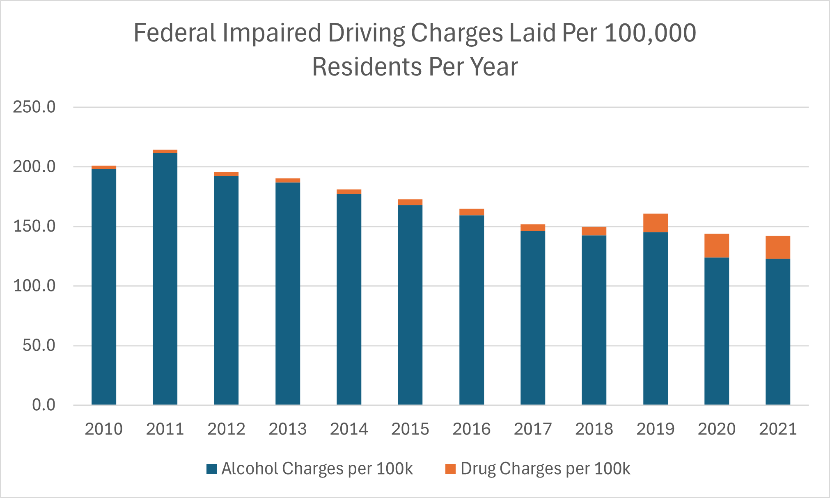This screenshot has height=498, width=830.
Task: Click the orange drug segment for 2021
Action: tap(777, 247)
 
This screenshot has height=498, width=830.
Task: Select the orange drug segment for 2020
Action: tap(716, 246)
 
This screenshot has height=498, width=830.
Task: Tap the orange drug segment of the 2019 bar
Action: tap(655, 223)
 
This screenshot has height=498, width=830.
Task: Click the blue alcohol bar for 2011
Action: tap(165, 279)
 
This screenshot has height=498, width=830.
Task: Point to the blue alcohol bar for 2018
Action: tap(594, 320)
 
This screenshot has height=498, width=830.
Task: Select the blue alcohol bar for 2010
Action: tap(103, 287)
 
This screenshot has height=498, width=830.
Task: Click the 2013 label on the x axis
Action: tap(287, 429)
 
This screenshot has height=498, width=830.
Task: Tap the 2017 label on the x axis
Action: tap(532, 429)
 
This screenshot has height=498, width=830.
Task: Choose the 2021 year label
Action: tap(777, 429)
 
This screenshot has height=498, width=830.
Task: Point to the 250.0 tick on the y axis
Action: tap(34, 107)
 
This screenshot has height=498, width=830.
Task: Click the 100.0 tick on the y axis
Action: tap(34, 286)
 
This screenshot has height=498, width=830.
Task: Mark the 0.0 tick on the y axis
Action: tap(44, 405)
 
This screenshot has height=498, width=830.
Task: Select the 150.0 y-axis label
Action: tap(34, 226)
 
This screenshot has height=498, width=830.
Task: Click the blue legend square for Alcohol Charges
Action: tap(212, 469)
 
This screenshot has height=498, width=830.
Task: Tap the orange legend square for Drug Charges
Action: tap(450, 469)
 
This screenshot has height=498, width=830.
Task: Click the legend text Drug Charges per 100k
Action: tap(545, 469)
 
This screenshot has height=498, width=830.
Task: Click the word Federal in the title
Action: tap(175, 33)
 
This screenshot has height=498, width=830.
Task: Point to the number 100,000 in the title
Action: tap(650, 33)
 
